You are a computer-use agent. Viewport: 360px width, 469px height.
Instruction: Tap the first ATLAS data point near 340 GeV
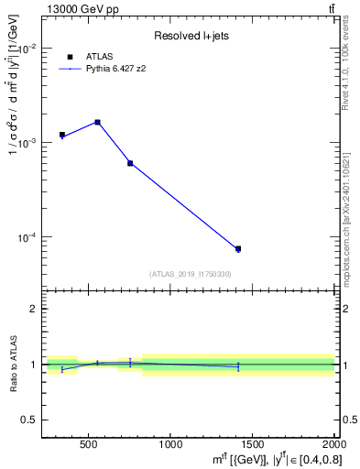coord(62,135)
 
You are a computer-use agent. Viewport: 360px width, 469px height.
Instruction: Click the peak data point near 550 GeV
coord(97,122)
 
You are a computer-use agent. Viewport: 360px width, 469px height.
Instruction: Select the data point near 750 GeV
coord(130,163)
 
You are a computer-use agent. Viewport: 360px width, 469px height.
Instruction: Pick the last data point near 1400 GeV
coord(237,248)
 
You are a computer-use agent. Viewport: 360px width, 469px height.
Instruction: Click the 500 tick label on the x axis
coord(89,444)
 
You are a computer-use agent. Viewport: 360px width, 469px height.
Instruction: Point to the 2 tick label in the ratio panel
coord(33,309)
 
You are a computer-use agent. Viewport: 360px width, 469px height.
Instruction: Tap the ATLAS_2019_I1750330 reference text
coord(190,274)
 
